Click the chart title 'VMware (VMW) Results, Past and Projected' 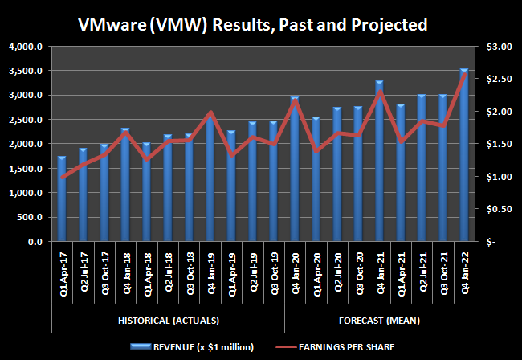point(253,24)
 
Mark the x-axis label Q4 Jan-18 point(125,272)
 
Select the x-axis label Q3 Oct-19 point(273,272)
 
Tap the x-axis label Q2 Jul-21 point(421,272)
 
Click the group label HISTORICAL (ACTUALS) point(168,321)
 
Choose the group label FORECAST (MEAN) point(379,321)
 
